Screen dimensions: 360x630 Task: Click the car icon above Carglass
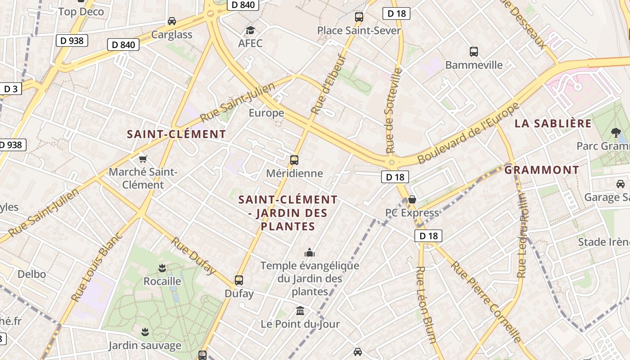point(172,21)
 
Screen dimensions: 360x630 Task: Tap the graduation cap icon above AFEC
point(250,31)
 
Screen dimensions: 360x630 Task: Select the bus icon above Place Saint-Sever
point(359,17)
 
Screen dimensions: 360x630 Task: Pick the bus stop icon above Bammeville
point(474,52)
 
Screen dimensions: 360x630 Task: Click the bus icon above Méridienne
point(294,160)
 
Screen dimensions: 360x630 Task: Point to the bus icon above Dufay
point(239,280)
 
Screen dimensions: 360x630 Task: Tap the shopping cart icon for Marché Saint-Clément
point(143,159)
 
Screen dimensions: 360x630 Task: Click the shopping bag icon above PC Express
point(412,199)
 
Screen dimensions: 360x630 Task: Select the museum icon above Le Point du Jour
point(300,311)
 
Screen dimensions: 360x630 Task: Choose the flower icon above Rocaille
point(162,269)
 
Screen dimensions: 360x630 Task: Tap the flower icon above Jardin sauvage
point(145,333)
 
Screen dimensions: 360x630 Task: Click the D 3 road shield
point(10,89)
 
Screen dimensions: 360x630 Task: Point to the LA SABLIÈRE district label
point(553,124)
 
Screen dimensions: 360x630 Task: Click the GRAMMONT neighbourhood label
point(541,170)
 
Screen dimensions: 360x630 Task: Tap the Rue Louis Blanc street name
point(97,266)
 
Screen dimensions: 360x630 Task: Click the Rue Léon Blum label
point(426,304)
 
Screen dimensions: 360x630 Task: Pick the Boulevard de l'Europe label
point(468,133)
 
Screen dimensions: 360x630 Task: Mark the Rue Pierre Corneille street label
point(486,301)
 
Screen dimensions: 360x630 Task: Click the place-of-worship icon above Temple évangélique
point(310,252)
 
